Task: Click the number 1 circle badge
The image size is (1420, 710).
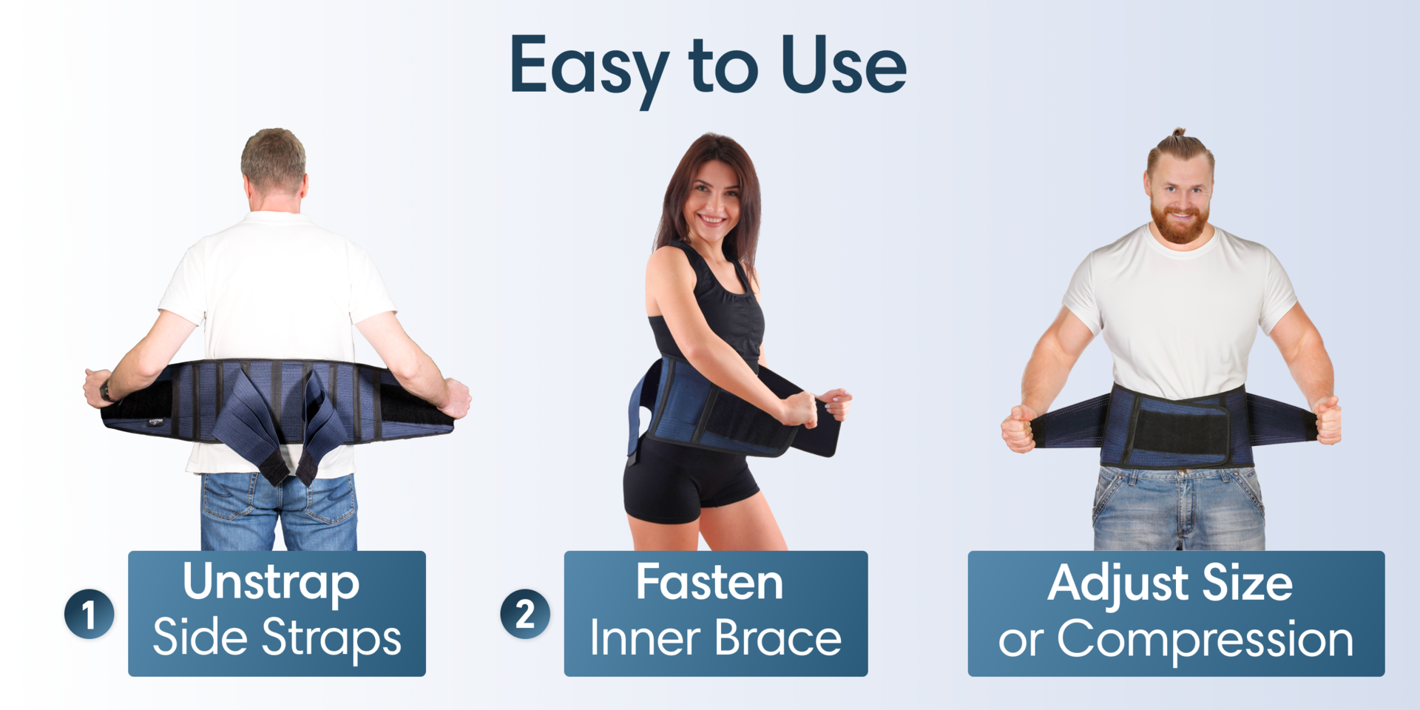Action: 89,614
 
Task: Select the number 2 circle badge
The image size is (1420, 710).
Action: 525,614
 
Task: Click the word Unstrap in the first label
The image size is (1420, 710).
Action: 271,583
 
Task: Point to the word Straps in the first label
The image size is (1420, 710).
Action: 331,638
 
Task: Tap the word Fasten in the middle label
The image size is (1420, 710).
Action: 709,583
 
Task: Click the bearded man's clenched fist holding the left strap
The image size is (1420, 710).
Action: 1018,428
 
